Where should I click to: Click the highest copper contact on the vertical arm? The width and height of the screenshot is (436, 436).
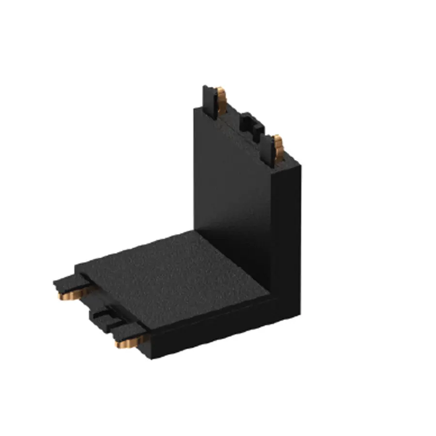coord(222,100)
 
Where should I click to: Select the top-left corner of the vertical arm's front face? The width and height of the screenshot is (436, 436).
coord(194,109)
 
